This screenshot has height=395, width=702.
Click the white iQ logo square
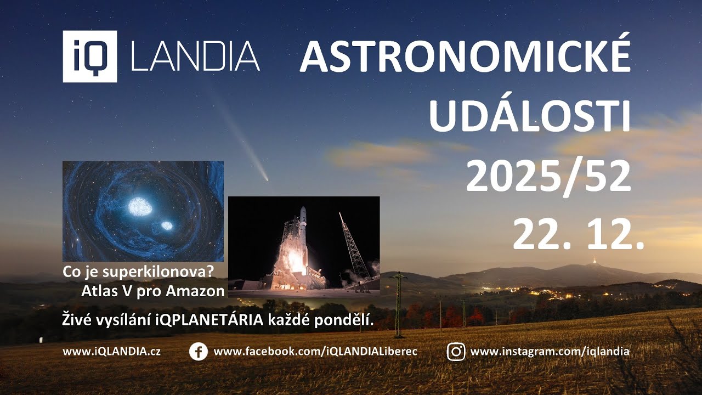(x=89, y=56)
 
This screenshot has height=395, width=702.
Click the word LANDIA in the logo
(x=195, y=57)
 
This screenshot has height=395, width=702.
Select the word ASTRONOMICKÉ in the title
(x=465, y=57)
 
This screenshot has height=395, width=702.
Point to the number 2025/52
(x=548, y=177)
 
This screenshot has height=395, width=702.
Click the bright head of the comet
(x=265, y=178)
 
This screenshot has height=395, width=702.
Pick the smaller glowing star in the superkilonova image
(x=166, y=225)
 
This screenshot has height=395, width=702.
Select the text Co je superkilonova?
(x=138, y=271)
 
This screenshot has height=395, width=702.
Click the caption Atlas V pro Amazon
(x=153, y=291)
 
